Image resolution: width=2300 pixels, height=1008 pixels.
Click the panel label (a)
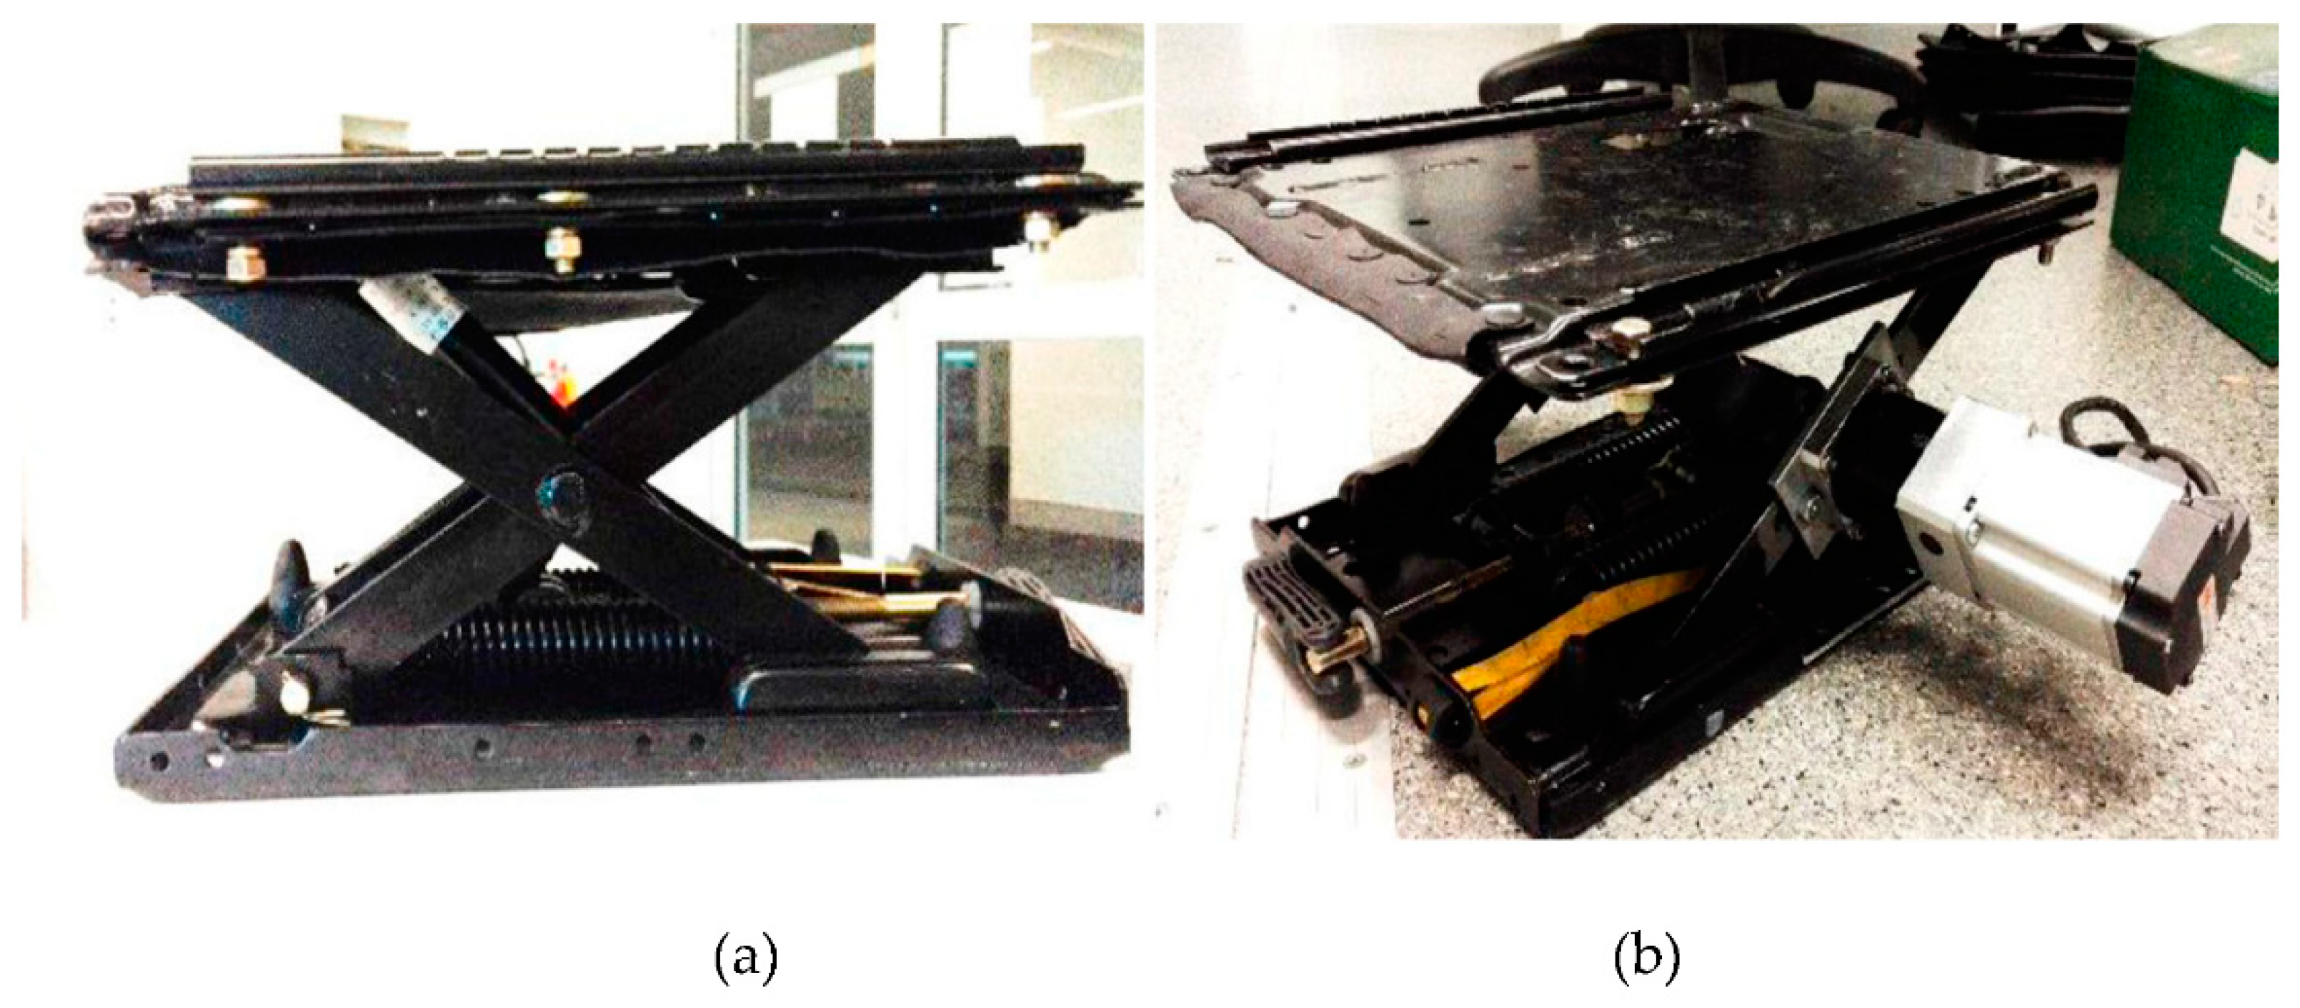[x=747, y=957]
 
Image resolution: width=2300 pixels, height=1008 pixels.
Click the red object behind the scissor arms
[x=562, y=384]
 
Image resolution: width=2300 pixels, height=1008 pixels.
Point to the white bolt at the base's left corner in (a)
[x=294, y=693]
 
